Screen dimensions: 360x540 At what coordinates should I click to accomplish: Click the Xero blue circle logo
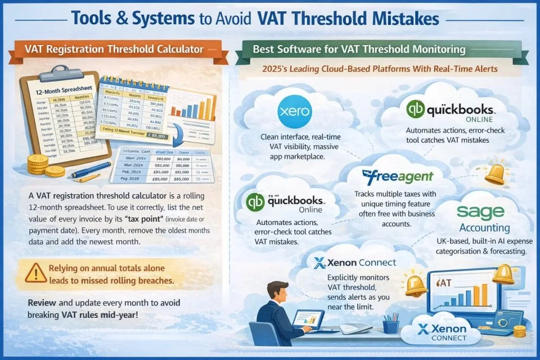(294, 111)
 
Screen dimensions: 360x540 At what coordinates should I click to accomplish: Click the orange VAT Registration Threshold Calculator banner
(114, 49)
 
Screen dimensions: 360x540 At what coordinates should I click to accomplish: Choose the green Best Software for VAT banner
(359, 49)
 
